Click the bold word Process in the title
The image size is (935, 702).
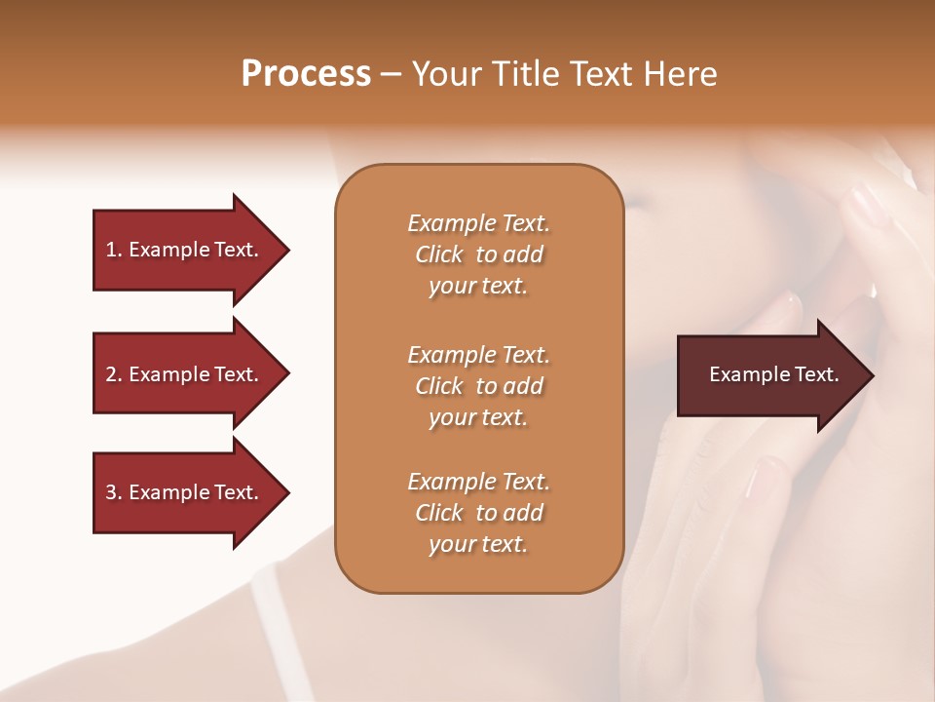tap(306, 74)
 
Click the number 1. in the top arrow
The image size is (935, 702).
tap(114, 250)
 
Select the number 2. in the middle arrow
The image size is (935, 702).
tap(114, 374)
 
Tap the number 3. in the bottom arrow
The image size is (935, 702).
tap(114, 492)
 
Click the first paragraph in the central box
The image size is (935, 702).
tap(478, 254)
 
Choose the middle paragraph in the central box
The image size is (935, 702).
tap(478, 386)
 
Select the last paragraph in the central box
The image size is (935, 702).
tap(478, 513)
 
